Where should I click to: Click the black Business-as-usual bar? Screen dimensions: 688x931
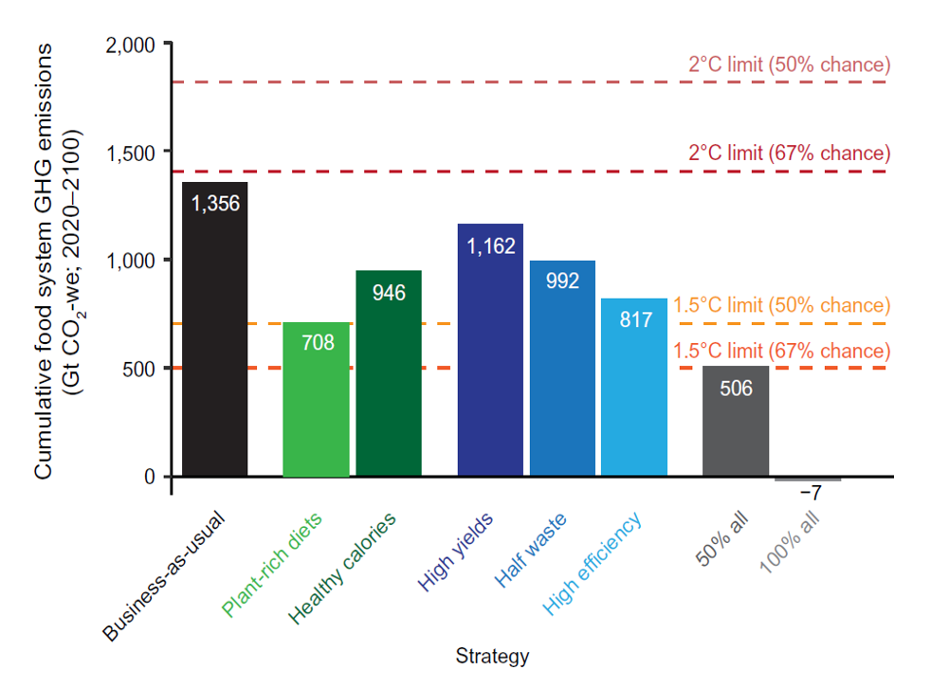point(214,332)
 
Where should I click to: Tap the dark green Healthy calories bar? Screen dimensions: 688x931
point(389,379)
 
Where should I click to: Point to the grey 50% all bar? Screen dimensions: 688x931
point(736,426)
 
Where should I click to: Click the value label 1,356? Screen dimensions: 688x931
point(215,203)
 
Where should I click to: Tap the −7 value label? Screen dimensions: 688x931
point(810,494)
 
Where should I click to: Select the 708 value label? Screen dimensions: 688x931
point(318,343)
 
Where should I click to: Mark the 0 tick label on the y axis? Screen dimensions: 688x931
point(150,477)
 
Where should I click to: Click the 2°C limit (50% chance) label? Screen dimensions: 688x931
point(790,65)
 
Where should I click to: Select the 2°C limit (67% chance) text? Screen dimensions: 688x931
point(790,154)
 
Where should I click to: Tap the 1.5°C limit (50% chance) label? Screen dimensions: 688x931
point(782,306)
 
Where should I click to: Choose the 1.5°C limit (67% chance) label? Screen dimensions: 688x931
point(782,351)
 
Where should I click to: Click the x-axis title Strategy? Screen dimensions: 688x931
point(492,656)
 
